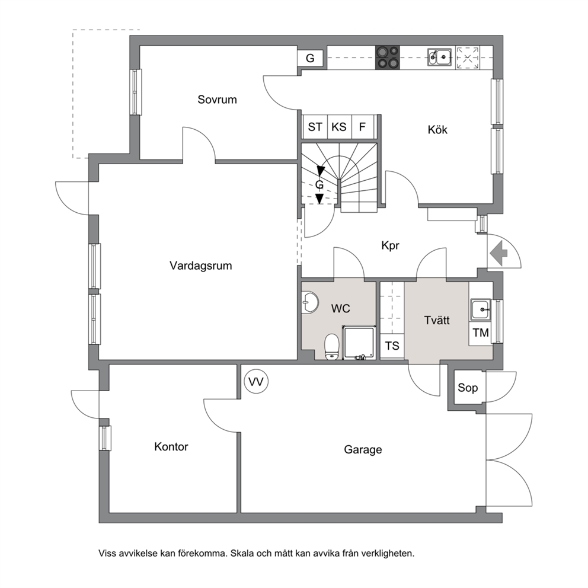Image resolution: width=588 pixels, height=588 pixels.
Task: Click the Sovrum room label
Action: point(217,100)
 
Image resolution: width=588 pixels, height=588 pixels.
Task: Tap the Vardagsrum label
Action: point(200,266)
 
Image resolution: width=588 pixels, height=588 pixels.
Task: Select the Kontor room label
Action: point(171,446)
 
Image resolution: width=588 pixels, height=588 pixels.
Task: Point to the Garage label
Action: point(363,450)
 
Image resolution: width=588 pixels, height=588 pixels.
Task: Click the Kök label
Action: point(437,130)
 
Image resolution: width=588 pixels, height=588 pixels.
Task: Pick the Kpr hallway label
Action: point(390,245)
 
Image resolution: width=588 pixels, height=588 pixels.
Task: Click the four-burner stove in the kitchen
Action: point(388,57)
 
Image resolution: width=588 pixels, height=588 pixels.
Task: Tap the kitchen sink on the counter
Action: point(440,57)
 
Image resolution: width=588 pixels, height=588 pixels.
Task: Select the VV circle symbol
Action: point(256,382)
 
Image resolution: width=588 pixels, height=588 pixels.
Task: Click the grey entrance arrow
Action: point(498,254)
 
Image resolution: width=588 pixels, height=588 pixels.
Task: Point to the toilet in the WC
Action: point(331,347)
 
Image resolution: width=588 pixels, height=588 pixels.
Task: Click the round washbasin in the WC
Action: point(309,302)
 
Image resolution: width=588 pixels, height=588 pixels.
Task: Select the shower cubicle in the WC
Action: point(359,343)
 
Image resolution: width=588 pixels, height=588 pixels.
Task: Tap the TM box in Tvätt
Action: point(480,333)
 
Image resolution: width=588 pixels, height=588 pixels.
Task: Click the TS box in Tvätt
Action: point(392,346)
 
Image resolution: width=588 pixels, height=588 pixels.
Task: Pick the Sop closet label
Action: point(468,388)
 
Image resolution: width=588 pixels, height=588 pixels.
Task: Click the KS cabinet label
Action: point(338,127)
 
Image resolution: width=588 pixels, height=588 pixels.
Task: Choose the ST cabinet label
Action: point(315,127)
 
